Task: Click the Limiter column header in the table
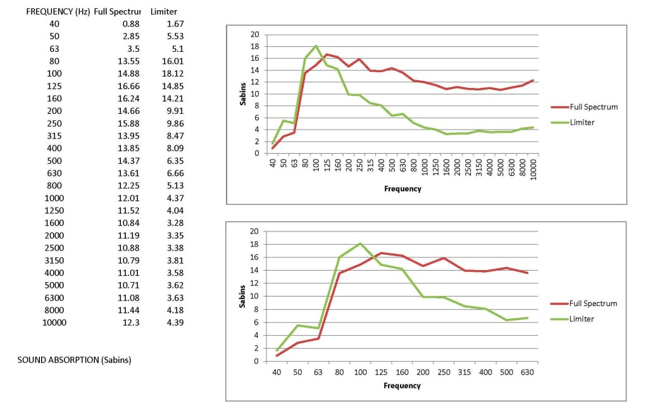(164, 11)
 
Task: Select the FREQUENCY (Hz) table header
(58, 11)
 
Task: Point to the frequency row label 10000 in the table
(54, 322)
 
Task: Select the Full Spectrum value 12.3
(132, 322)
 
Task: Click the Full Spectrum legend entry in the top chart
(592, 107)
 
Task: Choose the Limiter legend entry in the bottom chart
(582, 319)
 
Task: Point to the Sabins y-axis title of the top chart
(243, 94)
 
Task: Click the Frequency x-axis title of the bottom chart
(402, 385)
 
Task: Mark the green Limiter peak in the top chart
(316, 46)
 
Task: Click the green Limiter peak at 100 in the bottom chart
(360, 244)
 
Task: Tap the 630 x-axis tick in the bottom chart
(527, 371)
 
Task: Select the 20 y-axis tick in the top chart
(255, 34)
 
